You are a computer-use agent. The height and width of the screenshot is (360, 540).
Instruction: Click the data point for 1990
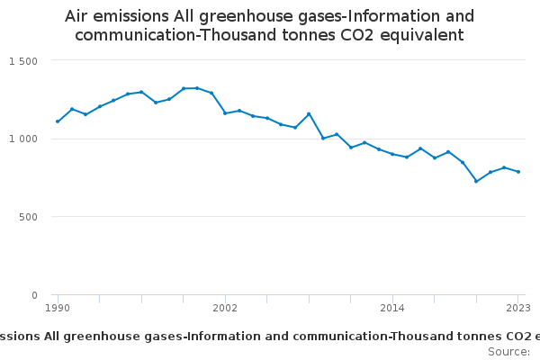58,121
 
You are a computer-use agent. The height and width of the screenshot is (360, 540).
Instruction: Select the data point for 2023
518,172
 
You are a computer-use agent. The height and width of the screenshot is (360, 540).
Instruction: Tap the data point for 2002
225,113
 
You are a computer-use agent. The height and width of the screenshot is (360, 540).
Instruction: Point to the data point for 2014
392,154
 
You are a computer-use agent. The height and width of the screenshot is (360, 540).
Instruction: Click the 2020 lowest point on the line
476,181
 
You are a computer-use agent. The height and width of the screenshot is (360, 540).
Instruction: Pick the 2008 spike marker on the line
309,114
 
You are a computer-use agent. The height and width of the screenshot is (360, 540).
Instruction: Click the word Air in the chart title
79,16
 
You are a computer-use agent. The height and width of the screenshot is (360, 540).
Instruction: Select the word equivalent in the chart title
421,36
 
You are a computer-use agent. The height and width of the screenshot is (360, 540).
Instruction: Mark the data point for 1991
72,109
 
